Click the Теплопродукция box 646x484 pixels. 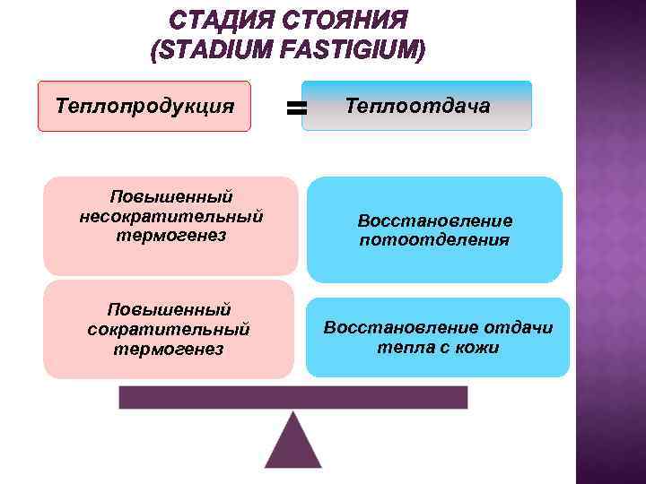pyautogui.click(x=144, y=107)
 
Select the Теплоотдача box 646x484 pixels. pyautogui.click(x=417, y=107)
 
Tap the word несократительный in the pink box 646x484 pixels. pyautogui.click(x=170, y=216)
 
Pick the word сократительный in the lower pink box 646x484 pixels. pyautogui.click(x=169, y=329)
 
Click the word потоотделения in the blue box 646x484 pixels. pyautogui.click(x=434, y=240)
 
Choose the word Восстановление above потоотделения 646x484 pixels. pyautogui.click(x=434, y=220)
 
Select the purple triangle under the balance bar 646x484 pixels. pyautogui.click(x=292, y=445)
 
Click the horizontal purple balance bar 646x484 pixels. pyautogui.click(x=292, y=397)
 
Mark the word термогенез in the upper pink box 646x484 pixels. pyautogui.click(x=170, y=236)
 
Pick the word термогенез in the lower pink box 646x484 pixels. pyautogui.click(x=169, y=349)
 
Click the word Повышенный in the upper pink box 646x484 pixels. pyautogui.click(x=170, y=196)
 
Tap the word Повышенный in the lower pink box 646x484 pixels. pyautogui.click(x=169, y=309)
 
